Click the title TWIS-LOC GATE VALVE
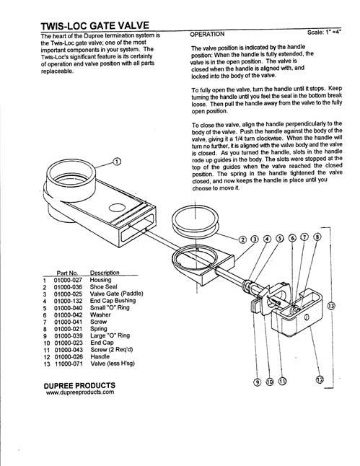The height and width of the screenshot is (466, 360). pyautogui.click(x=95, y=26)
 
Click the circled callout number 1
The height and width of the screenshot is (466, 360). pyautogui.click(x=117, y=162)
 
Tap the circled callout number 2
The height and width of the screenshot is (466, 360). pyautogui.click(x=243, y=239)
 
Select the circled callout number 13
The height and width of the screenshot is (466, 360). pyautogui.click(x=331, y=306)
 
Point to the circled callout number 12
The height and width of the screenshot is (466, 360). pyautogui.click(x=320, y=379)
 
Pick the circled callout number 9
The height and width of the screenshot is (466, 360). pyautogui.click(x=257, y=382)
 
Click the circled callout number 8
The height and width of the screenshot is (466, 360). pyautogui.click(x=317, y=237)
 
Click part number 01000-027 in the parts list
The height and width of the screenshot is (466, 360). pyautogui.click(x=68, y=280)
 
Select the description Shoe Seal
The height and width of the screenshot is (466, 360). pyautogui.click(x=103, y=287)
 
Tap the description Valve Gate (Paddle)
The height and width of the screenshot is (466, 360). pyautogui.click(x=117, y=294)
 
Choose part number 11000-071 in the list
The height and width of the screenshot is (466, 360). pyautogui.click(x=69, y=364)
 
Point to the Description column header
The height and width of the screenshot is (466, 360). pyautogui.click(x=105, y=273)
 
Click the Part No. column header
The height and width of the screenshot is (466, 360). pyautogui.click(x=67, y=273)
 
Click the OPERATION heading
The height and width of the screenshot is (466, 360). pyautogui.click(x=207, y=34)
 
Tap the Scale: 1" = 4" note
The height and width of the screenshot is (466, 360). pyautogui.click(x=324, y=32)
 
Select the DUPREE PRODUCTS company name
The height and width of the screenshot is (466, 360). pyautogui.click(x=79, y=386)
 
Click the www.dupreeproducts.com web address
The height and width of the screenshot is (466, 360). pyautogui.click(x=80, y=392)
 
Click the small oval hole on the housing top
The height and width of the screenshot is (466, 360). pyautogui.click(x=117, y=208)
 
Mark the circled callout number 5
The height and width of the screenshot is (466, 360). pyautogui.click(x=279, y=238)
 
